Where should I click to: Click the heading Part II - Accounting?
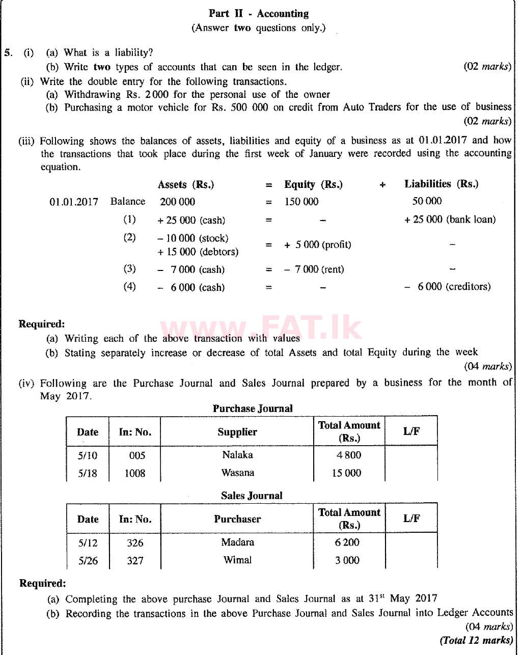tap(258, 14)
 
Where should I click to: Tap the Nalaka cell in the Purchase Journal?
tap(237, 455)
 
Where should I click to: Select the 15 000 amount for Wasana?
tap(346, 473)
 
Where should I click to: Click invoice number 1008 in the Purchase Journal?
tap(135, 473)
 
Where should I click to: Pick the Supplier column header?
tap(237, 432)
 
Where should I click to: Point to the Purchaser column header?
tap(237, 519)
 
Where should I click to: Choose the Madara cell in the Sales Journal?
tap(237, 542)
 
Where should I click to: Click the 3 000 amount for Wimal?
tap(347, 560)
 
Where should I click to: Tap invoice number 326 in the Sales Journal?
tap(135, 543)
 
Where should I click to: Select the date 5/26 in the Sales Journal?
tap(88, 561)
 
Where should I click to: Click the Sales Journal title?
tap(252, 496)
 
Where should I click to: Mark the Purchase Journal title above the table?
tap(253, 408)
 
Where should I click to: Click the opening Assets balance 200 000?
tap(177, 202)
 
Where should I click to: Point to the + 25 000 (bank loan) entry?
tap(450, 220)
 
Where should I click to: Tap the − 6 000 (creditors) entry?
tap(448, 287)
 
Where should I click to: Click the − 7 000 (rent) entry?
tap(314, 269)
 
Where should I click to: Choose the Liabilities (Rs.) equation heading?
tap(441, 184)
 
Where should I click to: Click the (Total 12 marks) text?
tap(476, 640)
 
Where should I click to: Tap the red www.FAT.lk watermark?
tap(260, 329)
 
